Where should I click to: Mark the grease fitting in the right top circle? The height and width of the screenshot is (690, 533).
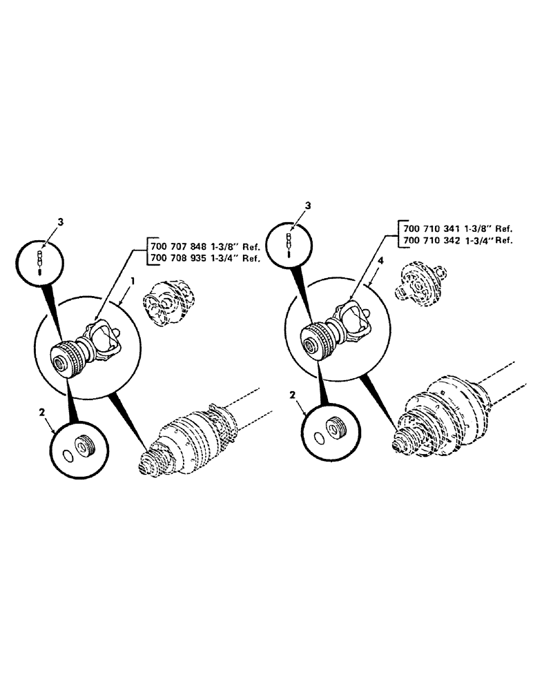tap(290, 244)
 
